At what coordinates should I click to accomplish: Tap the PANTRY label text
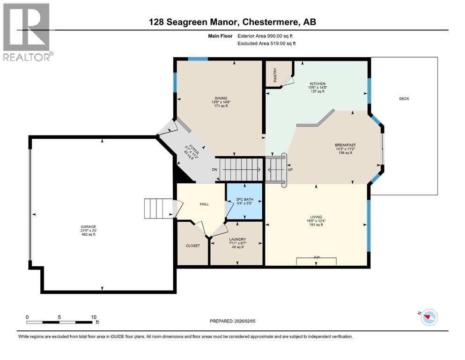coord(275,75)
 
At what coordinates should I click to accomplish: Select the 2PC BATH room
coord(244,200)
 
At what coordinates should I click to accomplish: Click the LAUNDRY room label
coord(238,239)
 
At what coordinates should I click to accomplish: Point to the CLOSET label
coord(192,246)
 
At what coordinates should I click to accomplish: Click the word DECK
coord(404,98)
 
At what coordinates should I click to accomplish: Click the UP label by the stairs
coord(290,169)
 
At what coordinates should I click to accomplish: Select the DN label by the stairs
coord(214,169)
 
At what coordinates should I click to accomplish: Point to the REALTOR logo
coord(27,32)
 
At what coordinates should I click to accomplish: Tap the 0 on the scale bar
coord(27,317)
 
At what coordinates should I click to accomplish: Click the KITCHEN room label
coord(317,83)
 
